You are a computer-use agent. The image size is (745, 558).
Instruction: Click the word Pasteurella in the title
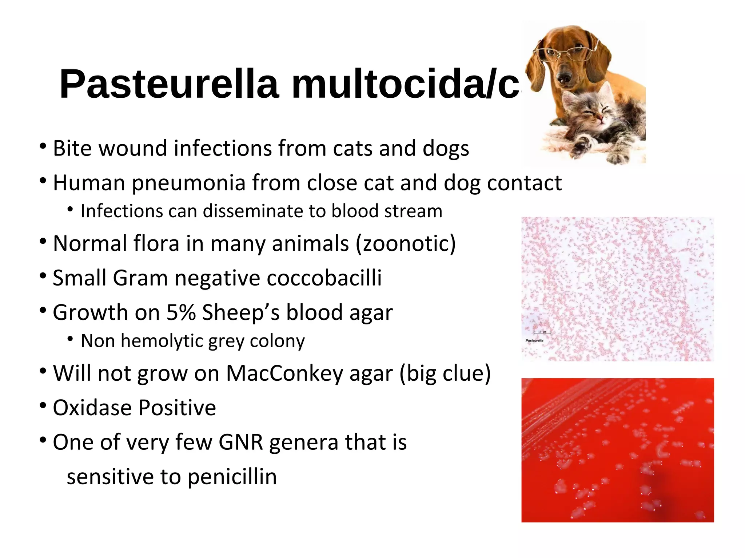(x=169, y=84)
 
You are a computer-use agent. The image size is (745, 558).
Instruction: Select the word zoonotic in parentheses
(x=405, y=243)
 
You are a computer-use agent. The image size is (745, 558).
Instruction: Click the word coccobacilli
(x=324, y=278)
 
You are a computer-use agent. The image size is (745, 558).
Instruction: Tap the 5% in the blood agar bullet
(x=181, y=312)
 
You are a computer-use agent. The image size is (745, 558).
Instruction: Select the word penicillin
(x=232, y=477)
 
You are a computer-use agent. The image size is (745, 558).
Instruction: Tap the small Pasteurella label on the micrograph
(x=534, y=340)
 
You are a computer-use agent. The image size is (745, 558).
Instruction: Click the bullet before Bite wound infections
(x=43, y=146)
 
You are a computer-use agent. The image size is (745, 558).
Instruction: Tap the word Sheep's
(x=240, y=312)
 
